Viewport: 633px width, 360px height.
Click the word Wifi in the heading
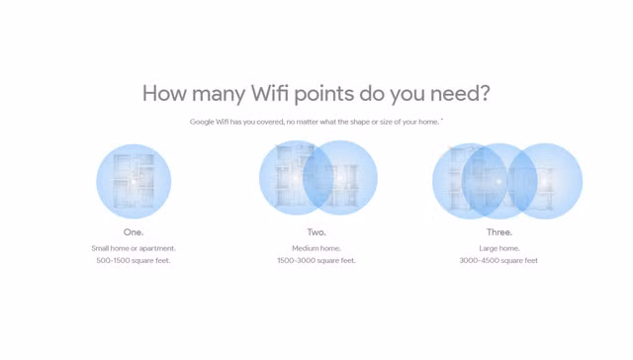270,93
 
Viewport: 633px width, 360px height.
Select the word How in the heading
164,93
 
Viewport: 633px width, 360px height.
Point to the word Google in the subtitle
202,122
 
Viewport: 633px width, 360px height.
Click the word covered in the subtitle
270,122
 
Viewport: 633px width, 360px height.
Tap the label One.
134,232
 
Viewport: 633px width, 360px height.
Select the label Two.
316,232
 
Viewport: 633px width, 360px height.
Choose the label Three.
499,232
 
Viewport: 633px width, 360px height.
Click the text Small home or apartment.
134,248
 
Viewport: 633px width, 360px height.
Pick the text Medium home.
316,248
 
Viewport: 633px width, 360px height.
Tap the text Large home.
499,248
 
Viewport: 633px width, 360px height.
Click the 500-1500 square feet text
134,261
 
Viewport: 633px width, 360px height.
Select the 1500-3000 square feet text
316,261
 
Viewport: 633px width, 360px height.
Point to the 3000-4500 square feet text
498,261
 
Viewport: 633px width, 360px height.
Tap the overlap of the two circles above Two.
318,178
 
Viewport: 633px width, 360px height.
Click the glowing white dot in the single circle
134,182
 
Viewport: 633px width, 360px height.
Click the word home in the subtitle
428,122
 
